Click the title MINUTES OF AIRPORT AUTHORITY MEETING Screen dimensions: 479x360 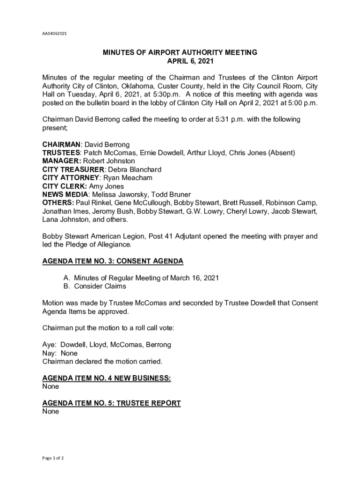tap(180, 53)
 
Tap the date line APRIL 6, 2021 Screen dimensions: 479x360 tap(180, 61)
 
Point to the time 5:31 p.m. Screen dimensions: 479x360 tap(228, 119)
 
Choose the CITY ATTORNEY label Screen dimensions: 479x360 tap(71, 178)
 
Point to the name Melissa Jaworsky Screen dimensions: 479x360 tap(121, 195)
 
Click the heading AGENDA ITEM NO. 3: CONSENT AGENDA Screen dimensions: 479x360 tap(113, 261)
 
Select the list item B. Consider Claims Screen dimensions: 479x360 tap(94, 286)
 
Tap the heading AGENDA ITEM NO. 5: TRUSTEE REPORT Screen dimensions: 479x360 tap(111, 403)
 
